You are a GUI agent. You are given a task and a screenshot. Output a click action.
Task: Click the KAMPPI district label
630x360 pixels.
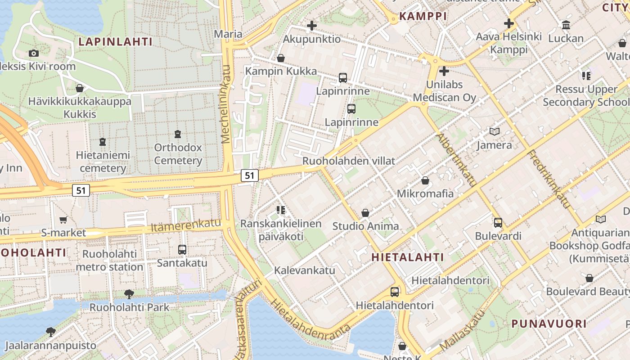click(x=423, y=17)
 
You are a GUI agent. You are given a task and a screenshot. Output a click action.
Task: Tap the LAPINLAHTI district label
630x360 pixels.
click(x=116, y=42)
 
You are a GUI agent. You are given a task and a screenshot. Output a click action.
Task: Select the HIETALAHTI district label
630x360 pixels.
click(x=408, y=257)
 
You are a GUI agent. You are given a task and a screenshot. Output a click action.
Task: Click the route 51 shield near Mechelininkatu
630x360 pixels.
click(x=249, y=175)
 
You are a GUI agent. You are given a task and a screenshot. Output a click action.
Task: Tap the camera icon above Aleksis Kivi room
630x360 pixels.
click(x=33, y=54)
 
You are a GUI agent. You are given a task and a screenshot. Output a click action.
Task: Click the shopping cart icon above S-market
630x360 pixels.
click(x=63, y=220)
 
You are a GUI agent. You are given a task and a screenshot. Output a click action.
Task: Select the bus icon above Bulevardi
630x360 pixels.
click(x=498, y=222)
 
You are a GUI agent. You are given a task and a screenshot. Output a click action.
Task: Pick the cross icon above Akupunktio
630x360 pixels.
click(x=311, y=26)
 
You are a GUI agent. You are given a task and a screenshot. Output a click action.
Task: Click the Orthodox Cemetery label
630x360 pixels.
click(x=178, y=154)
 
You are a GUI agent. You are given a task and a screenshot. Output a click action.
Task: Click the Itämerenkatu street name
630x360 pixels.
click(x=186, y=225)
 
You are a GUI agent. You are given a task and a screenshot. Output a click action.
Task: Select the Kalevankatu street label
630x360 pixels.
click(x=305, y=270)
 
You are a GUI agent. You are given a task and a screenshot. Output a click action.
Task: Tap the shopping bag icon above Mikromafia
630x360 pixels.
click(x=425, y=180)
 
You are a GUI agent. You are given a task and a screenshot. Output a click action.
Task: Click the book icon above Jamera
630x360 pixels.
click(x=494, y=132)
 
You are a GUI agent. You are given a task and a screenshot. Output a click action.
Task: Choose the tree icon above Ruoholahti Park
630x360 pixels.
click(x=129, y=294)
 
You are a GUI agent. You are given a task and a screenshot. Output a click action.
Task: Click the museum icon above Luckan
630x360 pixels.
click(x=566, y=25)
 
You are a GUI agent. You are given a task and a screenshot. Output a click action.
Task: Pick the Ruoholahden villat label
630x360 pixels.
click(x=349, y=161)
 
